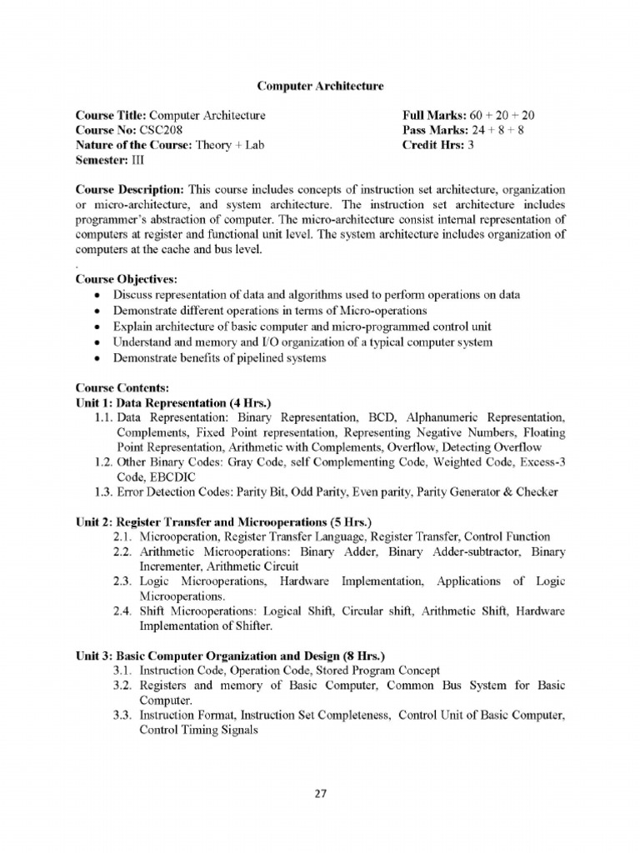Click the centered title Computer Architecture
[320, 85]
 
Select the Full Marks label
[433, 116]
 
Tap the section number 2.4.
[123, 610]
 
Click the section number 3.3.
[123, 714]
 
